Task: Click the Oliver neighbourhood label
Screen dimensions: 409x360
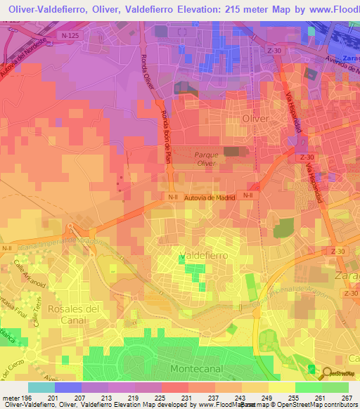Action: point(255,119)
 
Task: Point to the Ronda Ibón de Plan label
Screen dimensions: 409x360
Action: point(165,134)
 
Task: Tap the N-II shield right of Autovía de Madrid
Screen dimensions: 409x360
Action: point(247,195)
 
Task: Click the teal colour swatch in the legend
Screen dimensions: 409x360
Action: point(41,387)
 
